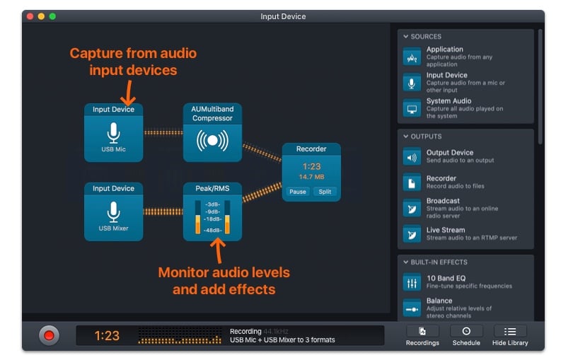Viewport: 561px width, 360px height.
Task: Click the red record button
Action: tap(49, 335)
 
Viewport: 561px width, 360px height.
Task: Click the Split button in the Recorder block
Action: tap(325, 192)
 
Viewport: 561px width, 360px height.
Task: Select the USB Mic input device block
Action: tap(113, 133)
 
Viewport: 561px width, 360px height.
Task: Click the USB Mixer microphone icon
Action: tap(113, 212)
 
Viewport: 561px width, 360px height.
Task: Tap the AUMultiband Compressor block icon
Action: tap(212, 140)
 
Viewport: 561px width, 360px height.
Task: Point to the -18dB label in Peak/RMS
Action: tap(212, 219)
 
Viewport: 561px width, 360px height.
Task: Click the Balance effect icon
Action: tap(412, 308)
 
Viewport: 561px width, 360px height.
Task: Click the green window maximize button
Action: tap(52, 16)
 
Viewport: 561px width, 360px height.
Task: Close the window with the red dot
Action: tap(30, 16)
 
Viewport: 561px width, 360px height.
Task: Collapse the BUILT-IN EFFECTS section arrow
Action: tap(406, 262)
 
